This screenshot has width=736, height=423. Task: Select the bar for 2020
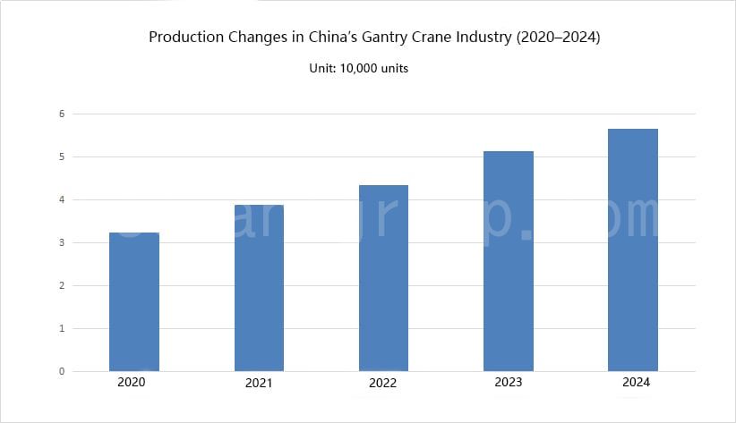pyautogui.click(x=134, y=302)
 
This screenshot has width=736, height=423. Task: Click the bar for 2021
pyautogui.click(x=259, y=288)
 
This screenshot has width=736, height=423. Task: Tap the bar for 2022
pyautogui.click(x=383, y=278)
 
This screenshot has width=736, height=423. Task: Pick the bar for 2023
pyautogui.click(x=508, y=261)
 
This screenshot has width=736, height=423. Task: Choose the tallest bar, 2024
pyautogui.click(x=632, y=250)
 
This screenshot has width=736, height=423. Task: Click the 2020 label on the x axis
pyautogui.click(x=131, y=382)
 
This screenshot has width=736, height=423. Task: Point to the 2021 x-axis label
pyautogui.click(x=258, y=383)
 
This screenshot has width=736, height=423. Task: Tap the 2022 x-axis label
pyautogui.click(x=382, y=382)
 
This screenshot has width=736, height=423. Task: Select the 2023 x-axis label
pyautogui.click(x=509, y=382)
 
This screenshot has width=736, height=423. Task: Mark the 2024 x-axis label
pyautogui.click(x=636, y=382)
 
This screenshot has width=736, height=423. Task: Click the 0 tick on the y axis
pyautogui.click(x=62, y=371)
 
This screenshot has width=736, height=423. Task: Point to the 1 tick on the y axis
pyautogui.click(x=62, y=328)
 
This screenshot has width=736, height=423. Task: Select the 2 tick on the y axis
pyautogui.click(x=62, y=285)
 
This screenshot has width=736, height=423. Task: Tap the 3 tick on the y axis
pyautogui.click(x=62, y=242)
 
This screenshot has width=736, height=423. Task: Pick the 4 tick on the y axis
pyautogui.click(x=62, y=199)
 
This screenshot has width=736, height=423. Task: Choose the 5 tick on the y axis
pyautogui.click(x=62, y=157)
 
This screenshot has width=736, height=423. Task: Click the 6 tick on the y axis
pyautogui.click(x=62, y=114)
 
